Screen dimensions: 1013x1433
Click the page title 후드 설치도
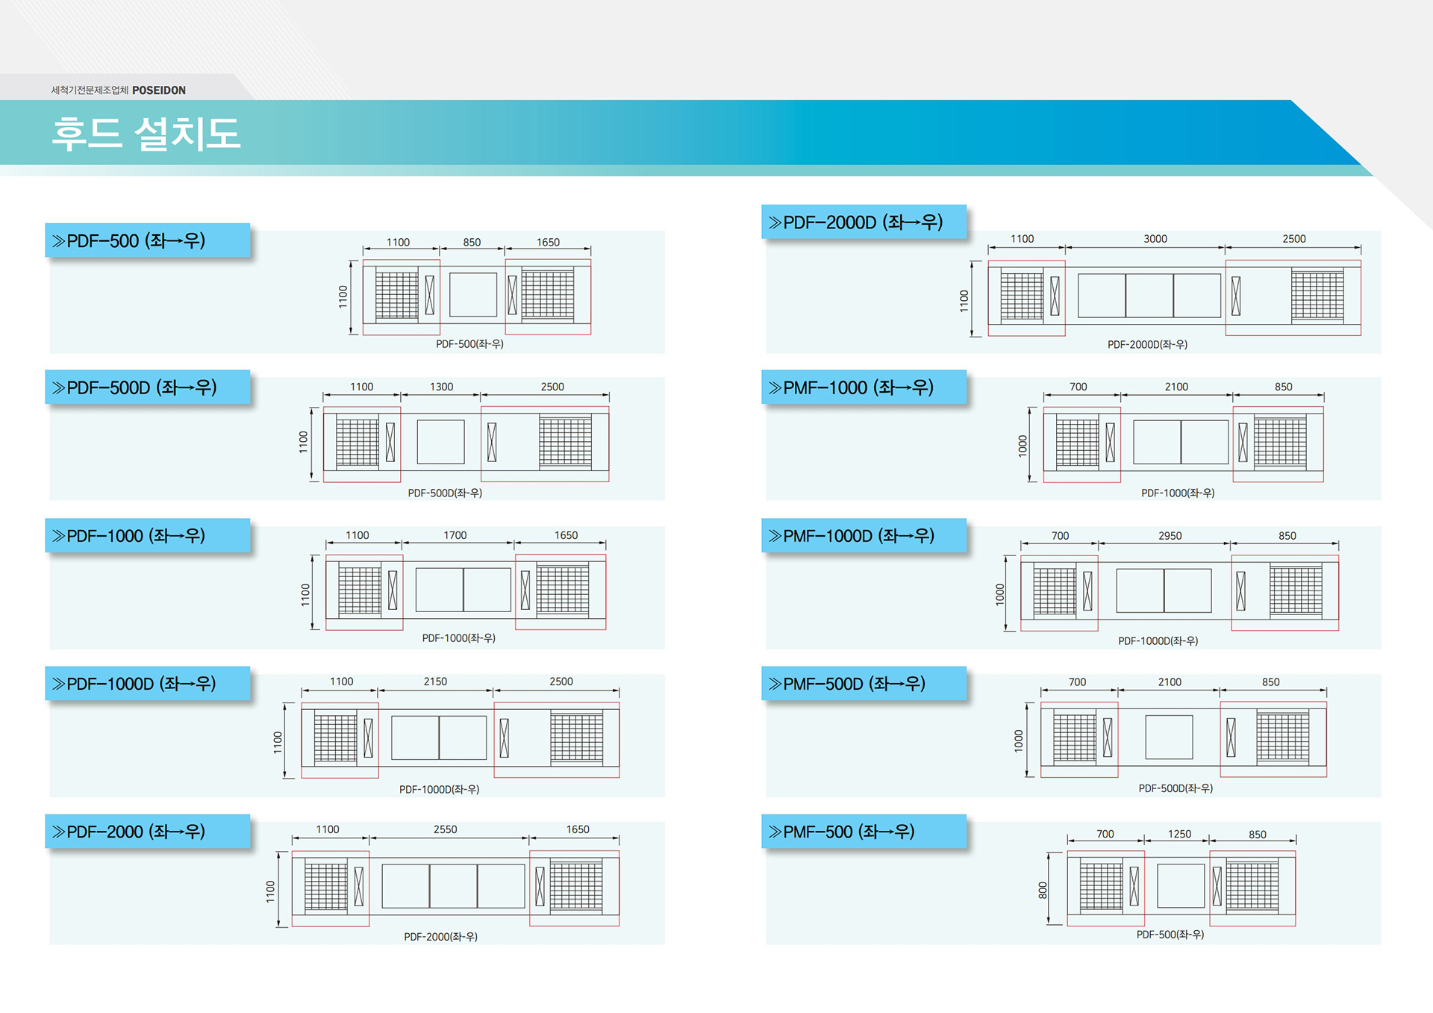(x=146, y=134)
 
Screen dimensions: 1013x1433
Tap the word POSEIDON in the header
(x=159, y=90)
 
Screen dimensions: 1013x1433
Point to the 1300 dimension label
(x=441, y=387)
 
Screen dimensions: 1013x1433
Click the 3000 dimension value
(x=1155, y=239)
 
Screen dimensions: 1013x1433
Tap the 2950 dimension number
(x=1170, y=536)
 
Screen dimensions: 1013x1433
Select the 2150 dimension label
(x=435, y=682)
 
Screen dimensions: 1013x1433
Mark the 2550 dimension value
(x=445, y=829)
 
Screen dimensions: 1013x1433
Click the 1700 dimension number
(x=455, y=535)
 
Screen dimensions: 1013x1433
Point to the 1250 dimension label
(x=1179, y=834)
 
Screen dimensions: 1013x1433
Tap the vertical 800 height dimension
(x=1043, y=889)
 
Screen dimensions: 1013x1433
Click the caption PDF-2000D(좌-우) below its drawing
(x=1147, y=344)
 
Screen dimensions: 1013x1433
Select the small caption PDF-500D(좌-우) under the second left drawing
(x=445, y=493)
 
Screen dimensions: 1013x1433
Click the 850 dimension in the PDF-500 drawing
(x=472, y=243)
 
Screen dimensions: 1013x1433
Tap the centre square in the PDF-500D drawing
(x=440, y=442)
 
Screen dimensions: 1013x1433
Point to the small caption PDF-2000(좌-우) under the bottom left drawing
(x=440, y=937)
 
